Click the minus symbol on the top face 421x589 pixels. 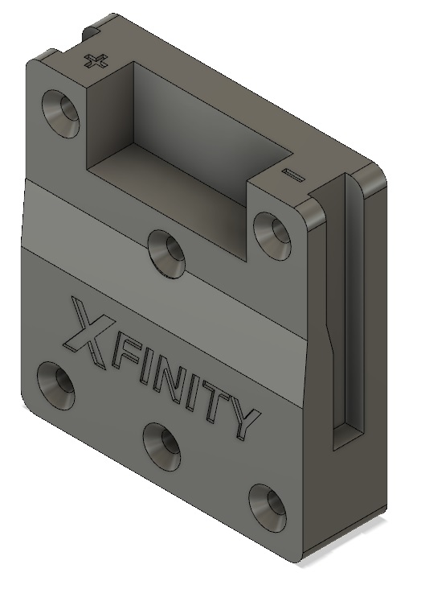point(292,174)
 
